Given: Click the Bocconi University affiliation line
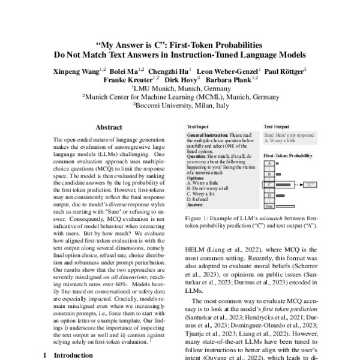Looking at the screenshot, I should coord(180,104).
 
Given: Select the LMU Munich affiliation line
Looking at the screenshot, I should coord(180,87).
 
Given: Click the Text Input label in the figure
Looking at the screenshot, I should coord(199,128).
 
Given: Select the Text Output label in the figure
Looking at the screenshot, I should coord(277,128).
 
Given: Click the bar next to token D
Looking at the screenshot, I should coord(283,196).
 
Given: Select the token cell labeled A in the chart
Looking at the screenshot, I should coord(270,163).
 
